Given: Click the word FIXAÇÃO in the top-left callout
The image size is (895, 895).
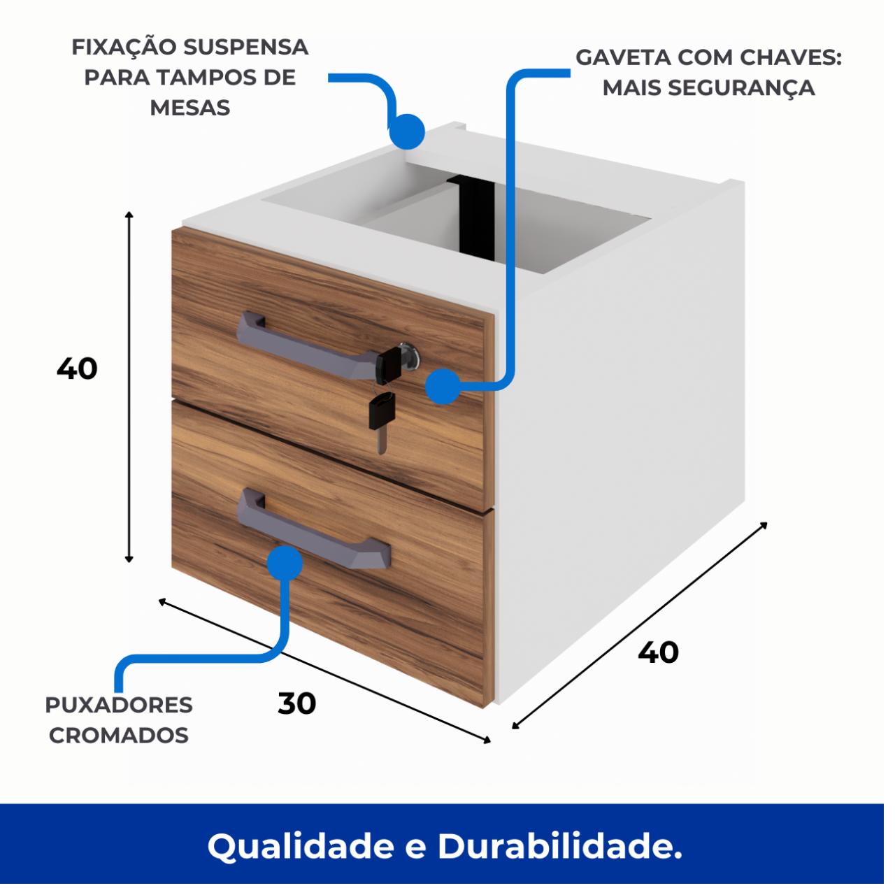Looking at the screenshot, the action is (124, 47).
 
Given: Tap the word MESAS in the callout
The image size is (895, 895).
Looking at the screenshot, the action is (190, 108).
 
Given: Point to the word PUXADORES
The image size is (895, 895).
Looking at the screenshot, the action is (119, 705).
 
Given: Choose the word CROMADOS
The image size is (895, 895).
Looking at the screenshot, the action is (119, 735).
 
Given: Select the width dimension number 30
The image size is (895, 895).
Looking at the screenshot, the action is (296, 703).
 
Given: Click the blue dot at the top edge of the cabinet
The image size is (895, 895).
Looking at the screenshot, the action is (407, 131).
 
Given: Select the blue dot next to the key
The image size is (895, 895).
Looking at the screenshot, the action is (443, 386).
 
